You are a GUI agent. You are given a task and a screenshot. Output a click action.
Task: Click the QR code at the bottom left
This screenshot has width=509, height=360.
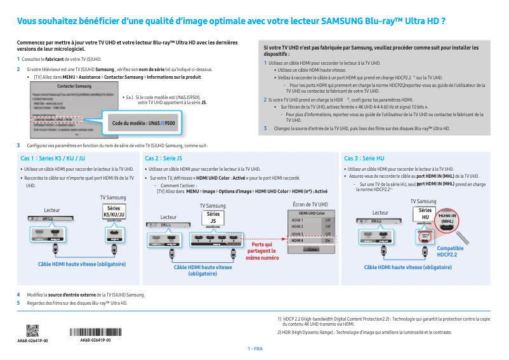pos(32,331)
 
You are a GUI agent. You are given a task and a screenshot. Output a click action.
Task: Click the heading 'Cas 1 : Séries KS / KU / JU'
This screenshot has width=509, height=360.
pos(53,158)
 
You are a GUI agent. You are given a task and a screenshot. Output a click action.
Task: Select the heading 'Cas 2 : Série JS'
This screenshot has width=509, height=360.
pos(164,158)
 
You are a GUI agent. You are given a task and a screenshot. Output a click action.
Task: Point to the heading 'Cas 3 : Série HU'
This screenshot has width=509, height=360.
pos(364,158)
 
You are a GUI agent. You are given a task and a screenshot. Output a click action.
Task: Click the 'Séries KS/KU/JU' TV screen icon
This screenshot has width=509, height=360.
pos(114,211)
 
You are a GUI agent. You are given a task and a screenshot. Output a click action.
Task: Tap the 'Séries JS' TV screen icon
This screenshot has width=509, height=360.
pos(213,218)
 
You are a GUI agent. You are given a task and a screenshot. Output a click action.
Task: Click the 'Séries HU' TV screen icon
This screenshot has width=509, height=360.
pos(425,213)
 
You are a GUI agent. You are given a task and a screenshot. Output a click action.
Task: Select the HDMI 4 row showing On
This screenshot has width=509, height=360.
pos(311,241)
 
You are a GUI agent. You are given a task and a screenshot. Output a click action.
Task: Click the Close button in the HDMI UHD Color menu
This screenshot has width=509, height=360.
pos(311,250)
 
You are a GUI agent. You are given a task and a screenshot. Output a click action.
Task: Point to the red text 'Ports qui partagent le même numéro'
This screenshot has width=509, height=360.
pos(262,251)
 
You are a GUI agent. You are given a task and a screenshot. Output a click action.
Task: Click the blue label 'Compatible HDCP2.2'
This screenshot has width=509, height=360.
pos(451,251)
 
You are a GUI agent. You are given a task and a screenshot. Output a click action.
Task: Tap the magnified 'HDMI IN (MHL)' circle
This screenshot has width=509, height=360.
pos(447,218)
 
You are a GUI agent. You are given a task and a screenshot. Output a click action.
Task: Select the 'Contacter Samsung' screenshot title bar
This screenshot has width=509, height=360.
pos(74,86)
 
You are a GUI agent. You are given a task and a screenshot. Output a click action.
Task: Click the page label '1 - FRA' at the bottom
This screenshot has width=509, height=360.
pos(255,349)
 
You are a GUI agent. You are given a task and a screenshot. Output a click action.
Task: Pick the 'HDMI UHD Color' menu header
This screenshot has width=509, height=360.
pos(311,213)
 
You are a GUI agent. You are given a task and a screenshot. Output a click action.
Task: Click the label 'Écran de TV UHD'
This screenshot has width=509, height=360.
pos(310,204)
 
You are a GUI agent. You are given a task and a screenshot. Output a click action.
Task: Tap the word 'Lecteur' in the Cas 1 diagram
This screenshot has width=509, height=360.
pos(52,210)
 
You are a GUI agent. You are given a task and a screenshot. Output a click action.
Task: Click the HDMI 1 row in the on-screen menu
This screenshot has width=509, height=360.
pos(311,220)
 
